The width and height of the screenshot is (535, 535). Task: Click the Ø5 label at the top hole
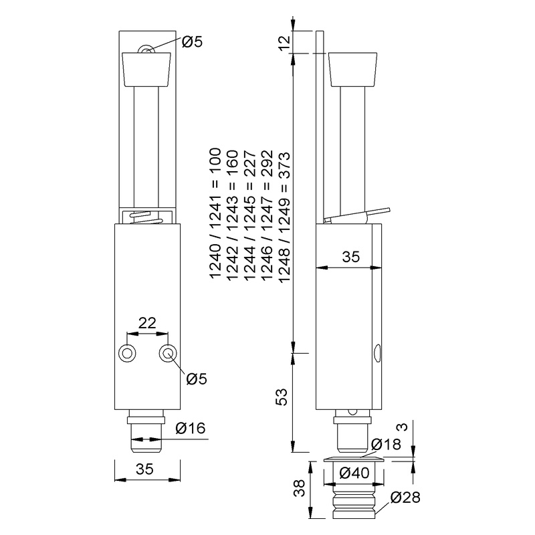(x=193, y=43)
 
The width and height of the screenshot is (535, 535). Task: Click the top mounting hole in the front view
(x=146, y=50)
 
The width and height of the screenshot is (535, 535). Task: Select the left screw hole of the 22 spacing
(x=126, y=353)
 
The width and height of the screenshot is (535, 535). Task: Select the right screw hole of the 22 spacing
(x=167, y=353)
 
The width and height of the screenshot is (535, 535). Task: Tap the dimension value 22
(x=147, y=323)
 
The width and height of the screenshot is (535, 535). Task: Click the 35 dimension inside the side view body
(x=349, y=256)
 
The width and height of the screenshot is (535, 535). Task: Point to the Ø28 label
(x=405, y=498)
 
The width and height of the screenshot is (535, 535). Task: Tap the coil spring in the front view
(x=147, y=217)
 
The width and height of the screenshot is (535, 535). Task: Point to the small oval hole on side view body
(x=379, y=352)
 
